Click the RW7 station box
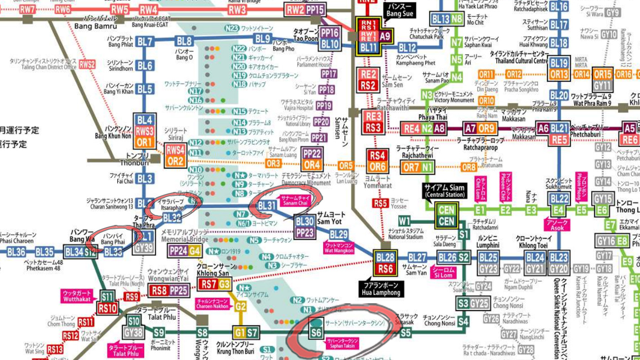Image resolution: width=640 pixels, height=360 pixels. (x=28, y=10)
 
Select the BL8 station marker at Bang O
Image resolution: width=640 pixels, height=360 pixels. (x=185, y=42)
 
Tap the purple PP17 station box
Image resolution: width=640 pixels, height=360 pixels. (x=329, y=74)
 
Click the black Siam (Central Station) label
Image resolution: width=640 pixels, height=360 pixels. (x=445, y=191)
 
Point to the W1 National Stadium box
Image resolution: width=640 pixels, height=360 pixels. (x=404, y=221)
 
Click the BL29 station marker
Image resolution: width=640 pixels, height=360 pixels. (x=338, y=235)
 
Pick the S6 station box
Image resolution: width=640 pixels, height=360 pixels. (x=316, y=333)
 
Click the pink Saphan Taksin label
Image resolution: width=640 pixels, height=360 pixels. (x=342, y=343)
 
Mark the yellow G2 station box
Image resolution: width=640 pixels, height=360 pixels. (x=240, y=307)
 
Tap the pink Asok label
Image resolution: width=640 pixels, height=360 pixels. (x=556, y=225)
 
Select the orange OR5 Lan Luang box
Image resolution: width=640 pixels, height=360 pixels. (x=345, y=166)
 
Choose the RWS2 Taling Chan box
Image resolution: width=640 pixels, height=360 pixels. (x=87, y=64)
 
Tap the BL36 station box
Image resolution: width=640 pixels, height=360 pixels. (x=17, y=252)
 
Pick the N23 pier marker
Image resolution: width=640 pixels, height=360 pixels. (x=232, y=28)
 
